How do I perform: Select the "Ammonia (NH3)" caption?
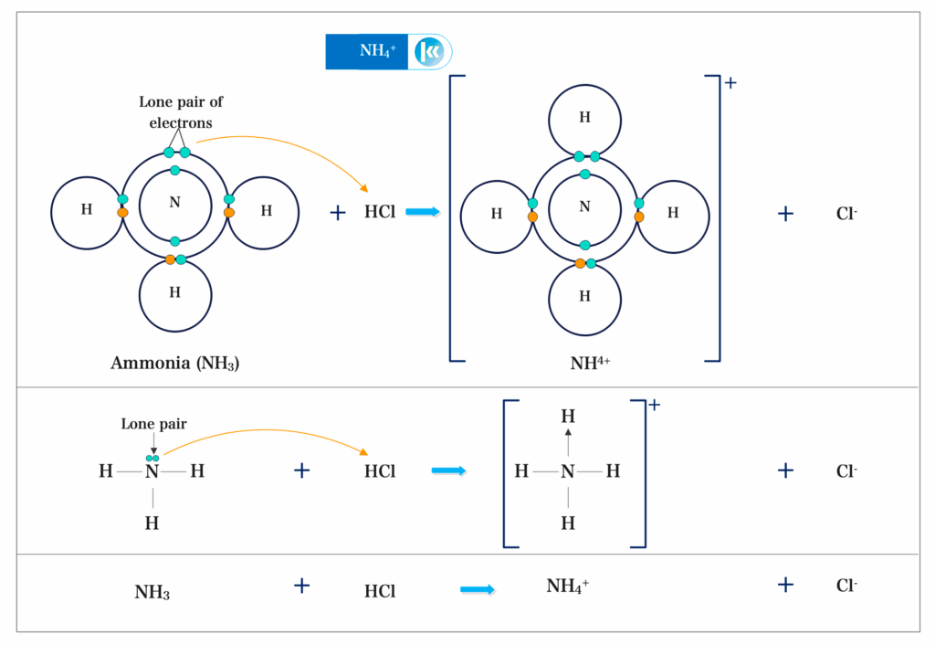pyautogui.click(x=175, y=363)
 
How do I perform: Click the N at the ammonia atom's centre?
pyautogui.click(x=175, y=203)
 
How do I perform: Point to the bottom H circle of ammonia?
pyautogui.click(x=175, y=294)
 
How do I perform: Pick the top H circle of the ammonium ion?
pyautogui.click(x=584, y=118)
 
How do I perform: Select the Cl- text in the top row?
pyautogui.click(x=846, y=214)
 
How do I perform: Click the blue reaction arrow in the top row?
pyautogui.click(x=423, y=212)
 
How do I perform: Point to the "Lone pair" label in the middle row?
pyautogui.click(x=152, y=425)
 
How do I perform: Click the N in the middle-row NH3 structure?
pyautogui.click(x=152, y=471)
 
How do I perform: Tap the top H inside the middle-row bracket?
pyautogui.click(x=568, y=416)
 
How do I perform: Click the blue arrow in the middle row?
pyautogui.click(x=448, y=471)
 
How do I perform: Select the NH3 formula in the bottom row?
pyautogui.click(x=152, y=592)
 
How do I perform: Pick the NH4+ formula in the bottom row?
pyautogui.click(x=567, y=587)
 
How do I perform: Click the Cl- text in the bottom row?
pyautogui.click(x=846, y=587)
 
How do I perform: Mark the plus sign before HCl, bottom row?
pyautogui.click(x=302, y=586)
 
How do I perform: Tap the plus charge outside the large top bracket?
pyautogui.click(x=730, y=83)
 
